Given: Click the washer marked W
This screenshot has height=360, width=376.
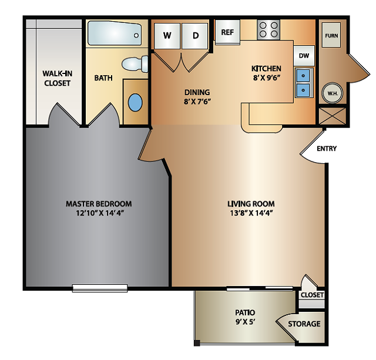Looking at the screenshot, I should click(167, 36).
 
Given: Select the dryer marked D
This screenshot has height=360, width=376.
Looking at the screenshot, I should click(196, 36).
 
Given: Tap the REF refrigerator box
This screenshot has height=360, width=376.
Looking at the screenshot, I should click(227, 32).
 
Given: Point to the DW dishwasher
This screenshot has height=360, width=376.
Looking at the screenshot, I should click(304, 56).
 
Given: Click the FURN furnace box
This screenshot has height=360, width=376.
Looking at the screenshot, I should click(331, 36).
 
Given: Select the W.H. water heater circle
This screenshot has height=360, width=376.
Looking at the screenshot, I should click(332, 92).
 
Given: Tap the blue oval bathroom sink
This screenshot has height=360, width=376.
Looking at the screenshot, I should click(135, 102).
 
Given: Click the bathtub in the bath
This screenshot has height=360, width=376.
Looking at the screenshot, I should click(114, 33).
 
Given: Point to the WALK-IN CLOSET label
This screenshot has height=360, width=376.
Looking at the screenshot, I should click(57, 79).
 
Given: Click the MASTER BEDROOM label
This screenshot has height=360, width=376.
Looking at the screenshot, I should click(99, 204).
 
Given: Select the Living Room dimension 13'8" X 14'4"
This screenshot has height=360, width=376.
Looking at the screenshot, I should click(251, 213).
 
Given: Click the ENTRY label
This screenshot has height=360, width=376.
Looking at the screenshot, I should click(327, 149).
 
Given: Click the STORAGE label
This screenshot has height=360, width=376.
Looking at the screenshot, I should click(304, 324).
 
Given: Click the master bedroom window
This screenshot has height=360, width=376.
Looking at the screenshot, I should click(100, 287).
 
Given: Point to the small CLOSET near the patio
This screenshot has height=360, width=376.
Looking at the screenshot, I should click(311, 295).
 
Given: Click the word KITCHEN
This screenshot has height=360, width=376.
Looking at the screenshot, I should click(266, 68).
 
